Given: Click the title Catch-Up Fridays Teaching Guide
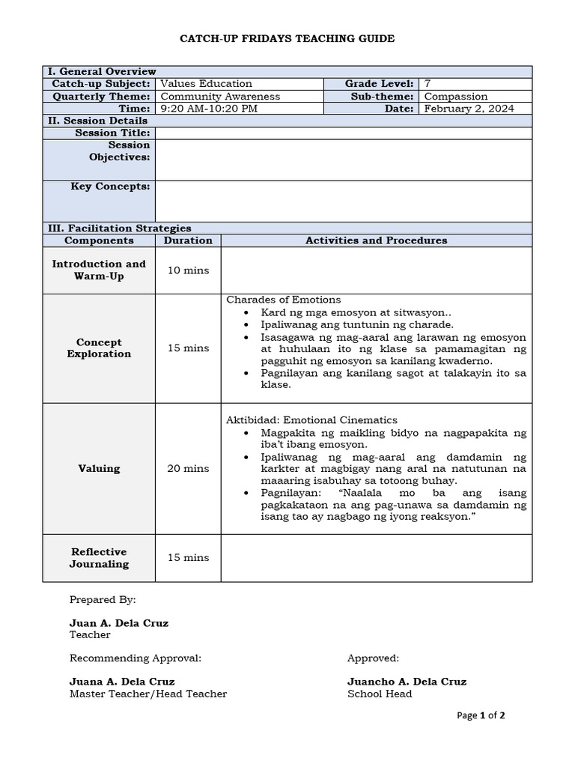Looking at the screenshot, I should pos(287,38).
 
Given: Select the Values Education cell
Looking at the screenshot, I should pos(207,84).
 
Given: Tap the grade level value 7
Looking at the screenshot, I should pos(428,84).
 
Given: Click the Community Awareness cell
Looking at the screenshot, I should pos(220,97).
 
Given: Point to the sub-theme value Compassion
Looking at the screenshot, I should pos(455,97).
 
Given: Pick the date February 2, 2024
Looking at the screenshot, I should pos(469,109).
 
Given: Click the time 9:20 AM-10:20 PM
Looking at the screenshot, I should pos(209,109).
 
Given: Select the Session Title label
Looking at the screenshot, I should pos(112,133).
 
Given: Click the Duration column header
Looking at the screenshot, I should pos(188,240).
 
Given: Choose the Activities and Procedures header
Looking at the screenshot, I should pos(376,240).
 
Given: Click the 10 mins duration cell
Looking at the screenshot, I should pos(188,270).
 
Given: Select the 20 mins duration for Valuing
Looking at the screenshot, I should pos(188,469).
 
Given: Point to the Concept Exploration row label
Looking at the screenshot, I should pos(99,348).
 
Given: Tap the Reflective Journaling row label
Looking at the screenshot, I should pos(99,558).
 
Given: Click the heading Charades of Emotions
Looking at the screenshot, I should pos(284,300).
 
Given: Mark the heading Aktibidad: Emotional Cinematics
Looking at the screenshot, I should pos(311,420).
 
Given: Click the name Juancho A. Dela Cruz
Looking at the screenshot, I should pos(407,682).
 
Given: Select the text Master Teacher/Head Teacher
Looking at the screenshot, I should pos(148,694).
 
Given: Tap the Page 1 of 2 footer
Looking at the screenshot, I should pos(481,715).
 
